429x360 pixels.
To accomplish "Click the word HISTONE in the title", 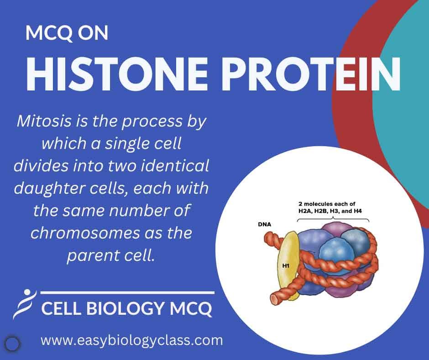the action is [117, 74].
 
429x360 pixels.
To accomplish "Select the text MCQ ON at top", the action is [67, 33].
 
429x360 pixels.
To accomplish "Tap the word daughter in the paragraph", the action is [53, 189].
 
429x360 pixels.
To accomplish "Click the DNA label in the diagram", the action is [265, 224].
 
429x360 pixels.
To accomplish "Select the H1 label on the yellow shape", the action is [286, 265].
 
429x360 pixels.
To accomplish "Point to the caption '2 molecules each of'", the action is [327, 204].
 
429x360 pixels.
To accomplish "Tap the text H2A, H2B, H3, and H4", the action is [330, 211].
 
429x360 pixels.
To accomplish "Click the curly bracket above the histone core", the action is [333, 219].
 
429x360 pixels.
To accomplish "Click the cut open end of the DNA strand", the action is [274, 299].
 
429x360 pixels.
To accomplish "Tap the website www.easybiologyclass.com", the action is [132, 340].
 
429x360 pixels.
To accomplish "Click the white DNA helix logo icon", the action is [24, 304].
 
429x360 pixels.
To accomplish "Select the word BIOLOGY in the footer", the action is [127, 308].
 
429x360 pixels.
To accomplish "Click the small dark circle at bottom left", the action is [13, 343].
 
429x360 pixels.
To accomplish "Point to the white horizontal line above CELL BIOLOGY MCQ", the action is [127, 292].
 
